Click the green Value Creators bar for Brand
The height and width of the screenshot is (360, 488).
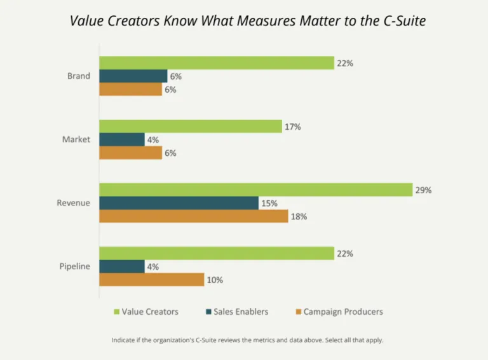(217, 63)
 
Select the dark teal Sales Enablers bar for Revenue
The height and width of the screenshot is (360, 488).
(179, 203)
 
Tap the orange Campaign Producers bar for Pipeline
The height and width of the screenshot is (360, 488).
(151, 280)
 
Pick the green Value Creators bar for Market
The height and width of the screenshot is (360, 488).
(190, 127)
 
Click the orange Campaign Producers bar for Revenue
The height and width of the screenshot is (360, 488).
(193, 216)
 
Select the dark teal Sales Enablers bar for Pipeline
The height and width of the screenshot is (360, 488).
(122, 267)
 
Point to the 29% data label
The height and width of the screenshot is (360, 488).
(424, 190)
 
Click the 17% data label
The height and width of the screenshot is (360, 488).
(293, 127)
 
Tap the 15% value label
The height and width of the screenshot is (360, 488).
(269, 203)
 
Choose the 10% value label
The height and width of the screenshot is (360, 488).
(215, 280)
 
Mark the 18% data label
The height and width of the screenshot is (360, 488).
(299, 216)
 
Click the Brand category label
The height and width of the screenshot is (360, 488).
(78, 76)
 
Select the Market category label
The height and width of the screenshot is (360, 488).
(77, 139)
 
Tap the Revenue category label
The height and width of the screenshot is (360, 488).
(74, 203)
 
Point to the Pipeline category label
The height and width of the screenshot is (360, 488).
(75, 267)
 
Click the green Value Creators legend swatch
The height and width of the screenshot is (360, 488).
(116, 312)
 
